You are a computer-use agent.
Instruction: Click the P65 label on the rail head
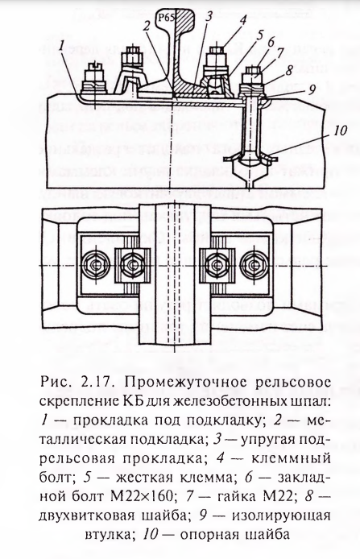tap(167, 18)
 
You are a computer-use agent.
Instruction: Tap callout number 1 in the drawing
tap(62, 46)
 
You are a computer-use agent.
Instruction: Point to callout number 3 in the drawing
tap(209, 15)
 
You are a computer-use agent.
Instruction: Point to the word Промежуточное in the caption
tap(188, 383)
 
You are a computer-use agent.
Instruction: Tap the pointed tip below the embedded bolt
tap(248, 188)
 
